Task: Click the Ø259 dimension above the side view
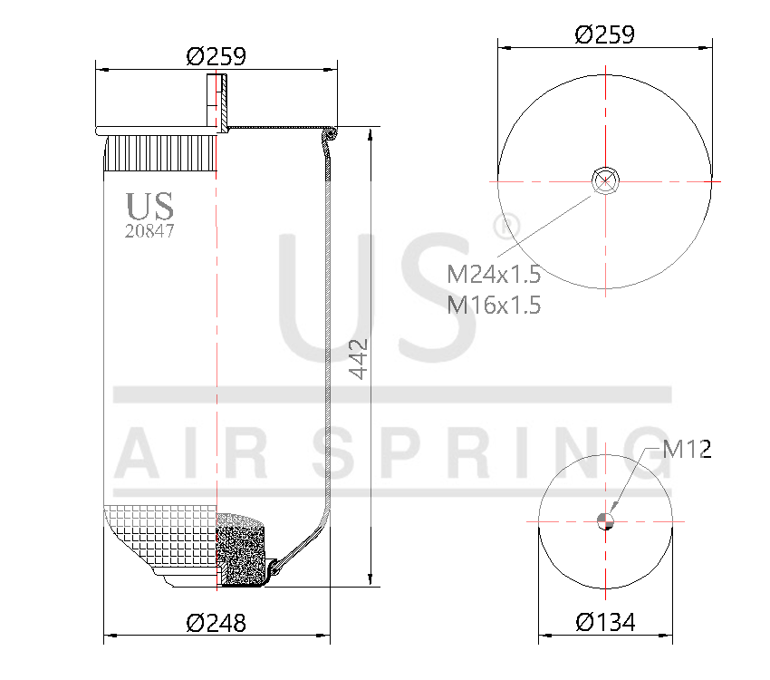[x=217, y=56]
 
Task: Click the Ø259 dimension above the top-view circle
[x=604, y=34]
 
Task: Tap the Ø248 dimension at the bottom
[x=217, y=623]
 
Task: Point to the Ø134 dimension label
[x=605, y=622]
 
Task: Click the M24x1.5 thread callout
[x=494, y=273]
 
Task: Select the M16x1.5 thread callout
[x=494, y=305]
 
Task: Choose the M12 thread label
[x=687, y=449]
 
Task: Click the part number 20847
[x=149, y=231]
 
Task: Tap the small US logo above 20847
[x=149, y=207]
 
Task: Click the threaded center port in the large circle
[x=604, y=180]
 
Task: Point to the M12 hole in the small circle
[x=606, y=520]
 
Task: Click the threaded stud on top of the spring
[x=218, y=102]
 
